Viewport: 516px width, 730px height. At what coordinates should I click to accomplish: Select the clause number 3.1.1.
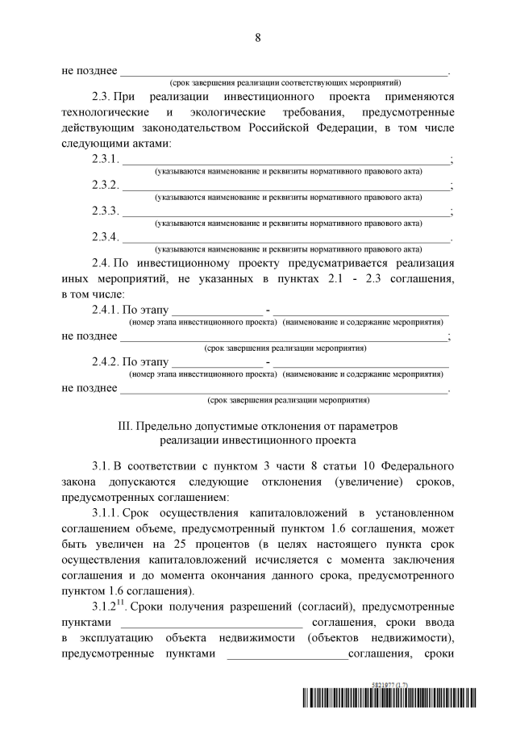[x=108, y=512]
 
